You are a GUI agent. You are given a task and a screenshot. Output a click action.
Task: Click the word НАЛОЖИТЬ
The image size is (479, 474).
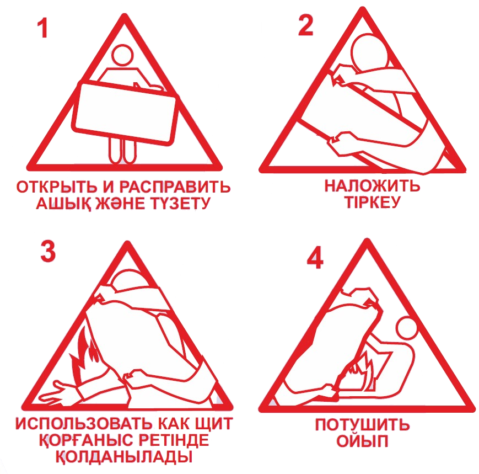click(x=372, y=185)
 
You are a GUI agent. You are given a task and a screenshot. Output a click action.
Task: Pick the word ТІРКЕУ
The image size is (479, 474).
click(x=372, y=202)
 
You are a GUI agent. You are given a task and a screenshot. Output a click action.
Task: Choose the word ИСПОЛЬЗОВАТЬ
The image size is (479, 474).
click(x=83, y=424)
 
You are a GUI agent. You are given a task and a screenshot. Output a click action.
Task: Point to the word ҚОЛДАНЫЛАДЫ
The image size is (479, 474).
click(x=124, y=457)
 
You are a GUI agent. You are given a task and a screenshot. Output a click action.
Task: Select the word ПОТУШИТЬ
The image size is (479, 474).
click(x=362, y=425)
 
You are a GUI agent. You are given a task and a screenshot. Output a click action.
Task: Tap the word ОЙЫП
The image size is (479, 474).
click(x=362, y=441)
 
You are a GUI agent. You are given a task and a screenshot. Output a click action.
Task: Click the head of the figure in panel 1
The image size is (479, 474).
click(x=122, y=55)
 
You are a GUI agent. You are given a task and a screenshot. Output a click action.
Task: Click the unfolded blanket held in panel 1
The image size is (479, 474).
click(x=125, y=112)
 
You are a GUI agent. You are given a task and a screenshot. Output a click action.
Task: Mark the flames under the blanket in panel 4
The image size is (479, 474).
click(x=359, y=371)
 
